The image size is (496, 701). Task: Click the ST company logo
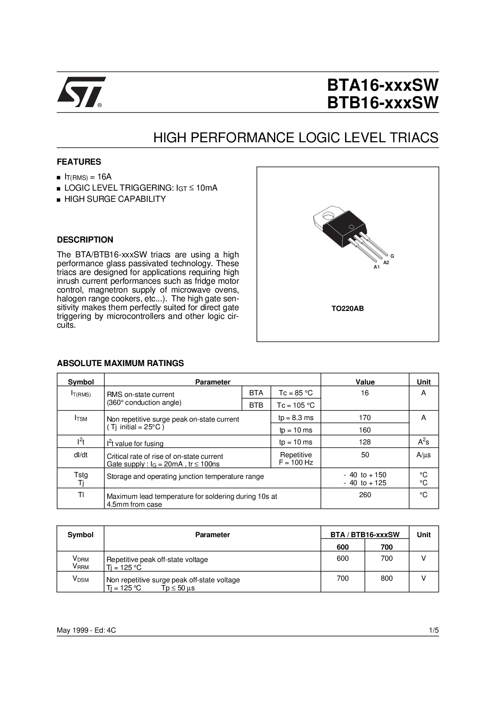click(x=81, y=92)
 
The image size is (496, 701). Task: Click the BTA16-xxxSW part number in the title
click(x=382, y=85)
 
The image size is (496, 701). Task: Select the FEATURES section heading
click(x=79, y=162)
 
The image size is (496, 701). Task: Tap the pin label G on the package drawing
click(x=392, y=256)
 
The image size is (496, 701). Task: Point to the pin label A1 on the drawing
click(x=376, y=267)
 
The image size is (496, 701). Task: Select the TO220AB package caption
click(x=348, y=309)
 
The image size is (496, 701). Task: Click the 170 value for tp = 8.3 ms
click(x=365, y=418)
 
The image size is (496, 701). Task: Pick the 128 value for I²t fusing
click(x=365, y=442)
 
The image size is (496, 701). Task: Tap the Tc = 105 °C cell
click(x=296, y=405)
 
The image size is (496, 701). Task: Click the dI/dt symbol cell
click(x=80, y=455)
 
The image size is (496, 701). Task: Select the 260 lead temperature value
click(x=365, y=495)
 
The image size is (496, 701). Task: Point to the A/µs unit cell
click(x=424, y=455)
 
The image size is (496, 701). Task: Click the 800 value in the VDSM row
click(x=386, y=578)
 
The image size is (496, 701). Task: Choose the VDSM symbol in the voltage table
click(x=80, y=579)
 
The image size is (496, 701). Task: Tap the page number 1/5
click(x=434, y=630)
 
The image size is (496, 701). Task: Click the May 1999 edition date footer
click(x=86, y=630)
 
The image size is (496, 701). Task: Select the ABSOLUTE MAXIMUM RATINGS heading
click(x=120, y=363)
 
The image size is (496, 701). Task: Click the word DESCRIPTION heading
click(x=85, y=240)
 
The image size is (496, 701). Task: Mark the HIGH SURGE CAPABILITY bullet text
click(x=115, y=199)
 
